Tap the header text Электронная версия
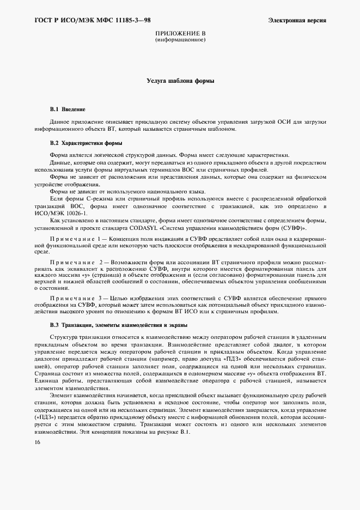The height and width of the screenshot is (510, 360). point(297,21)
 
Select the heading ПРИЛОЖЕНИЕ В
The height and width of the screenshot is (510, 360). point(180,34)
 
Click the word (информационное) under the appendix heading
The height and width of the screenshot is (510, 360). point(180,40)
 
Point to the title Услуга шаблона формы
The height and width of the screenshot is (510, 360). point(180,81)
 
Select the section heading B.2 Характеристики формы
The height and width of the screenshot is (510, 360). point(86,143)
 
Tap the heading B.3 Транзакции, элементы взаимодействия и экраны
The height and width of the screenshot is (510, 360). point(118,325)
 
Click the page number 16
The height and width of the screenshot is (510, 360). point(37,443)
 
